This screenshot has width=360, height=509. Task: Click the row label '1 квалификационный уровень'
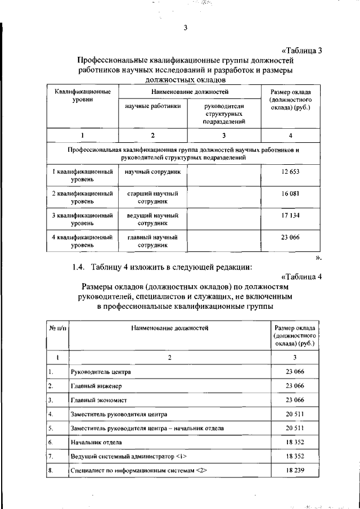pyautogui.click(x=82, y=175)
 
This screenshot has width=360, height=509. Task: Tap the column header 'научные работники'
pyautogui.click(x=152, y=106)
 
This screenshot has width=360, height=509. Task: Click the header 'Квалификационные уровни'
pyautogui.click(x=82, y=95)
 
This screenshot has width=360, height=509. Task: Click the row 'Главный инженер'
pyautogui.click(x=96, y=386)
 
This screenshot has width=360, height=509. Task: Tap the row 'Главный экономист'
pyautogui.click(x=98, y=400)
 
